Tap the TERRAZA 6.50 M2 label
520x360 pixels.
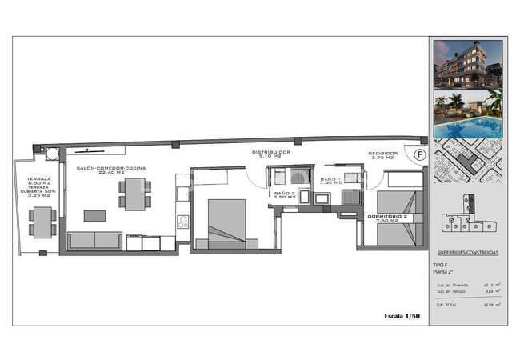click(38, 180)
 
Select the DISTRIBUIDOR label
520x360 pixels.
click(270, 154)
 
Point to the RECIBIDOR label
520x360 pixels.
click(382, 154)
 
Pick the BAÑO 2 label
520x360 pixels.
click(285, 194)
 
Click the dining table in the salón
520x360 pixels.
click(135, 194)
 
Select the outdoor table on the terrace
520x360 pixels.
click(42, 222)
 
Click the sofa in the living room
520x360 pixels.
click(94, 240)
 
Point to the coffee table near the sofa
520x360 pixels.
click(94, 215)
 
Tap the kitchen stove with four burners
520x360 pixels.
click(182, 222)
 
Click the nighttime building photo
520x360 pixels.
click(467, 63)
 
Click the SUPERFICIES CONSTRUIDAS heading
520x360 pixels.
click(468, 253)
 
